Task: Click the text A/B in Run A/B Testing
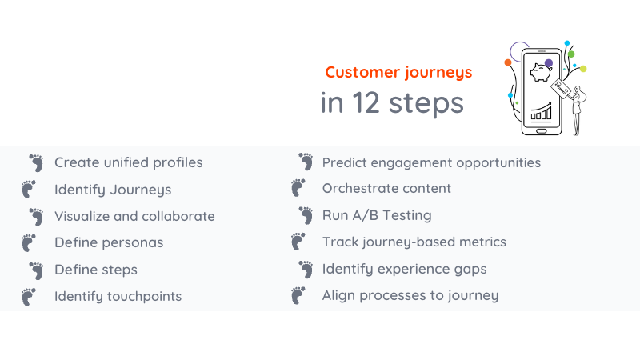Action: coord(364,215)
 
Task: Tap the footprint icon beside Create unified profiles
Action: coord(36,162)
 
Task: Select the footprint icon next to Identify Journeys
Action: coord(29,189)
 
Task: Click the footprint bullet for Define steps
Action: coord(36,270)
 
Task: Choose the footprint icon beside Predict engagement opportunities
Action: coord(305,162)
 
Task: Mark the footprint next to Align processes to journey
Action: coord(298,296)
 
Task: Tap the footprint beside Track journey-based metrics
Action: coord(298,242)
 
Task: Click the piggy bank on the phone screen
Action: coord(542,75)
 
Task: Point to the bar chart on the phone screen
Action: coord(542,111)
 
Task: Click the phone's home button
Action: coord(542,128)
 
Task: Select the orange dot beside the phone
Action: coord(507,62)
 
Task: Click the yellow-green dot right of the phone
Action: coord(583,69)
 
